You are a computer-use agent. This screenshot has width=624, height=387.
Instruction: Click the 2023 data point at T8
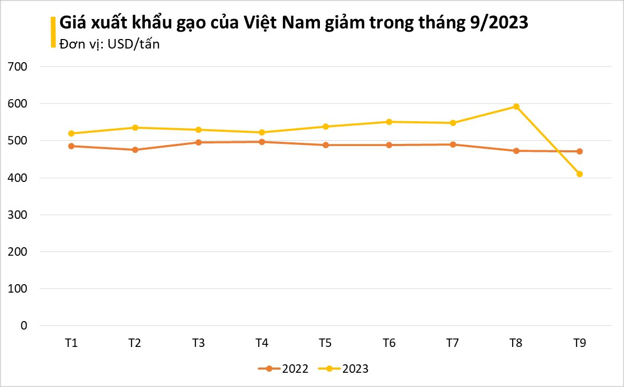coord(516,107)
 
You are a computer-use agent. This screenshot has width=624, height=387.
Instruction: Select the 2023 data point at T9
coord(579,174)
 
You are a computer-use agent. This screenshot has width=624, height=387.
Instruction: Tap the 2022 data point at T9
coord(579,151)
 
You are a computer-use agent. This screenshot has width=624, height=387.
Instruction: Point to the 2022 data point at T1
coord(71,146)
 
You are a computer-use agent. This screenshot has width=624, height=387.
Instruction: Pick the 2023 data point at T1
coord(71,133)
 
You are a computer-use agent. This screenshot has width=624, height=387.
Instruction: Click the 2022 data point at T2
coord(135,150)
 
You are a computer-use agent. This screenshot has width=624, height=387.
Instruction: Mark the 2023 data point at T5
coord(325,127)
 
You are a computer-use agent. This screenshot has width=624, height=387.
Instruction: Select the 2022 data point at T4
coord(262,142)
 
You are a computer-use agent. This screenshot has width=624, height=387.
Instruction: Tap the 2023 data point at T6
coord(389,122)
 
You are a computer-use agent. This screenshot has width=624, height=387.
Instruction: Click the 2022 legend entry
coord(283,369)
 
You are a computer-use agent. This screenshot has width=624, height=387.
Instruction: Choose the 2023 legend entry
coord(344,369)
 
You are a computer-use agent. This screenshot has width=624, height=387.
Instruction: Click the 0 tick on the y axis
coord(24,326)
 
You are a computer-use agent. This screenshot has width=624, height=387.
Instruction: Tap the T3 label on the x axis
coord(198,343)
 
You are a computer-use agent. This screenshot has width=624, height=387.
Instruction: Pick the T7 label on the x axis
coord(452,343)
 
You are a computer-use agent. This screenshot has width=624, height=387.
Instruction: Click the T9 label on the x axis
coord(579,343)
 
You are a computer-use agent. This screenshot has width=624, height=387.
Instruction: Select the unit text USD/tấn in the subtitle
coord(134,44)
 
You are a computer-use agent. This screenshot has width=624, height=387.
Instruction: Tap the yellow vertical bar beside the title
coord(53,32)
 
